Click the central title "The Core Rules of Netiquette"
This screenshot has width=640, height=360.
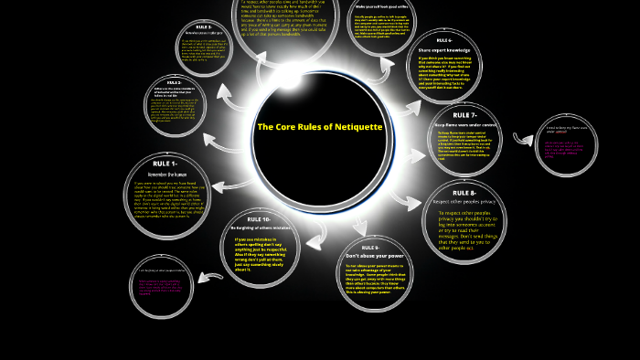[x=319, y=126]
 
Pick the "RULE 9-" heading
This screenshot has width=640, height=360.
[x=369, y=248]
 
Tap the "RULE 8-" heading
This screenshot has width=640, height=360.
[x=464, y=193]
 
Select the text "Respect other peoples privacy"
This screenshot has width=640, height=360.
[x=465, y=201]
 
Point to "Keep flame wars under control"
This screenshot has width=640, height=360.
[x=464, y=123]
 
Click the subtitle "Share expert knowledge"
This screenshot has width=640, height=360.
[x=444, y=49]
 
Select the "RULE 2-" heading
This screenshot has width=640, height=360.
[x=196, y=26]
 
